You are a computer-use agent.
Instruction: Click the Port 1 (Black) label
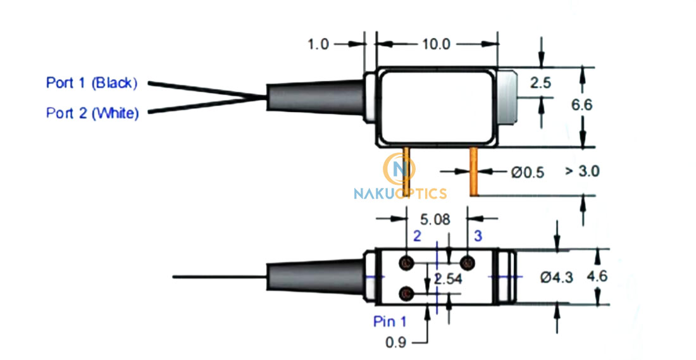point(91,83)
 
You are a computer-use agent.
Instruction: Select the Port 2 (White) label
point(92,113)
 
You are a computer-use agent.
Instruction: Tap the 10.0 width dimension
point(435,44)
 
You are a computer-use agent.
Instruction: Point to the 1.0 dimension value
point(318,44)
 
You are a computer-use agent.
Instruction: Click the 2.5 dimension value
point(541,82)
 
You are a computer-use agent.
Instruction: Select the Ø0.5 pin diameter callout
point(526,171)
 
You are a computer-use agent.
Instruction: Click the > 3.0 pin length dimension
point(581,171)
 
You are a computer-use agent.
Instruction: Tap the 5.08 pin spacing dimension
point(435,220)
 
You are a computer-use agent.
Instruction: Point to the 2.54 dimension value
point(448,278)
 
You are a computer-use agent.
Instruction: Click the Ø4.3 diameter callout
point(557,277)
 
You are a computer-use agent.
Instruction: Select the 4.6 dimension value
point(597,276)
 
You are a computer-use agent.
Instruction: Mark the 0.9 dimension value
point(395,343)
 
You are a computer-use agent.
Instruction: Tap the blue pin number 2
point(416,237)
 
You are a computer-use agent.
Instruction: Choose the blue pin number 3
point(478,237)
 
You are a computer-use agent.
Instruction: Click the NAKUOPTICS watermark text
point(401,194)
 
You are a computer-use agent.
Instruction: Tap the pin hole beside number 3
point(468,263)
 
